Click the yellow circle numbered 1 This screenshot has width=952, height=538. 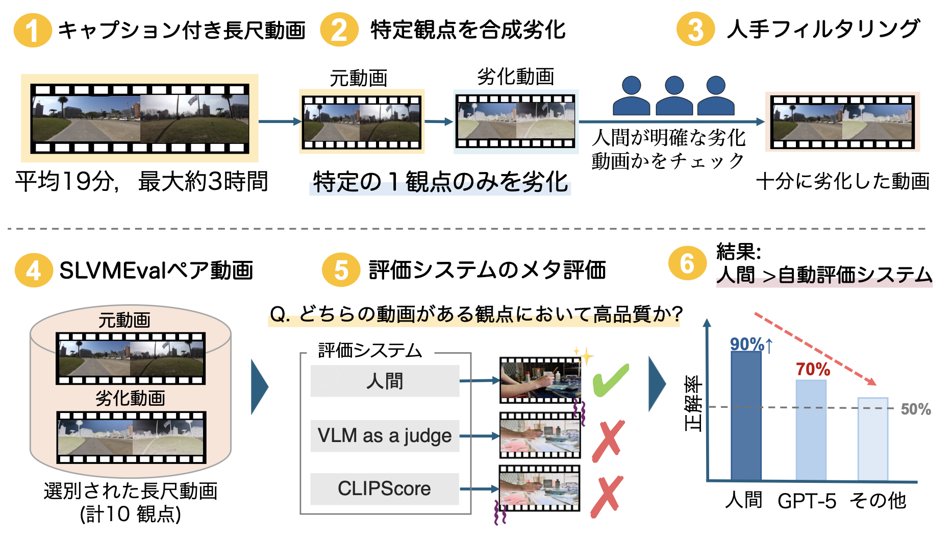32,30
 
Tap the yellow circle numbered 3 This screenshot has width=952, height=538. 695,30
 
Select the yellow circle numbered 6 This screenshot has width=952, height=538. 687,264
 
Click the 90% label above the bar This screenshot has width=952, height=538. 747,345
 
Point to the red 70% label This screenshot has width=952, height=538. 813,369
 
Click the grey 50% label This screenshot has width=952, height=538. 916,409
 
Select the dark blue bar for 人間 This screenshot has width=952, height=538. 746,416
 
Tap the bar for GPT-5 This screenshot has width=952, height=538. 811,430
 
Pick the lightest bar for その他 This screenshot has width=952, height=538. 872,439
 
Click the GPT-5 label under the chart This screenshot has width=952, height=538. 807,501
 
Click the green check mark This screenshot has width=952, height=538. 611,380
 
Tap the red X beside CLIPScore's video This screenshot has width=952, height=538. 607,496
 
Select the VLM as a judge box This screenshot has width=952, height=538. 385,436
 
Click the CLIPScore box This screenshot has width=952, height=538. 385,489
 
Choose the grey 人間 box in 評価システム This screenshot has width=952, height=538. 385,381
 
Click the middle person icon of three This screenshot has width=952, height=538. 674,96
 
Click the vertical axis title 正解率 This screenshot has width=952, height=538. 693,403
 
